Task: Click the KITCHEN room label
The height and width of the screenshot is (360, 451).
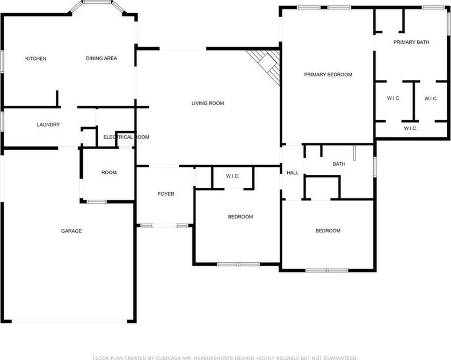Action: pos(35,58)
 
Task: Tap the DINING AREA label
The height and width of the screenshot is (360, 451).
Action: pos(101,58)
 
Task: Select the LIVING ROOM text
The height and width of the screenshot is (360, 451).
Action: pos(208,103)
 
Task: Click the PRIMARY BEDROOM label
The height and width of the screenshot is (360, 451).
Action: pos(328,75)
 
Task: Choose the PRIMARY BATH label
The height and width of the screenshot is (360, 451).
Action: pos(411,42)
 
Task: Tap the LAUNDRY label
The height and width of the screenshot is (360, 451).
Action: pos(48,124)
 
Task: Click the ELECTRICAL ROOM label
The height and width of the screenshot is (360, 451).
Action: pos(126,137)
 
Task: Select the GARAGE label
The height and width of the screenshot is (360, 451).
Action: pos(71,231)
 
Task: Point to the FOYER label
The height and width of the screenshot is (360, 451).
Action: pos(166,194)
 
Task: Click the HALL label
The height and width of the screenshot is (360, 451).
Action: pos(293,173)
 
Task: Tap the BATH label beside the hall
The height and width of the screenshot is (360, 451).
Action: pos(339,164)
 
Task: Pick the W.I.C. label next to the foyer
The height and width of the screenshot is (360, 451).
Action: pos(232,176)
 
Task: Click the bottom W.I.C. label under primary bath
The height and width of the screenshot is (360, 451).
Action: pos(410,128)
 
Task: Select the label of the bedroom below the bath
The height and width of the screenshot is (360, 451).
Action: pos(328,231)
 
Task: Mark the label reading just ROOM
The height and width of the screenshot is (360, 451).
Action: pos(109,172)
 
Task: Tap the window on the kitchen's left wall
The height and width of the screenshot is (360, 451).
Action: pos(2,62)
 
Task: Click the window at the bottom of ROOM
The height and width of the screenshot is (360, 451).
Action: pos(96,202)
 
